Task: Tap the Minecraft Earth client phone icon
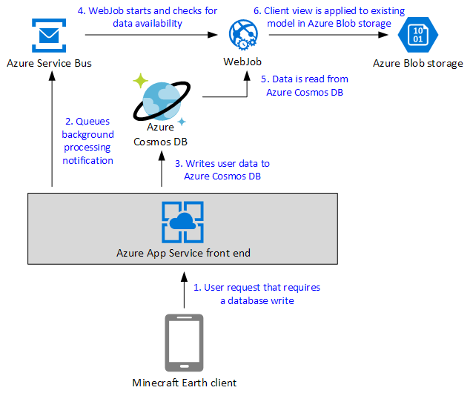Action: point(183,342)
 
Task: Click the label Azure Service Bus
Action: point(49,63)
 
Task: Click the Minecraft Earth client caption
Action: point(184,383)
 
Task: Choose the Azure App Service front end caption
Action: point(183,253)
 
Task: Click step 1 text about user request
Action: point(256,294)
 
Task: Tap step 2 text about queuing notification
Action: point(87,141)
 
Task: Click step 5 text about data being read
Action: point(304,85)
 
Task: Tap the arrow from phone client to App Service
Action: point(183,291)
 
